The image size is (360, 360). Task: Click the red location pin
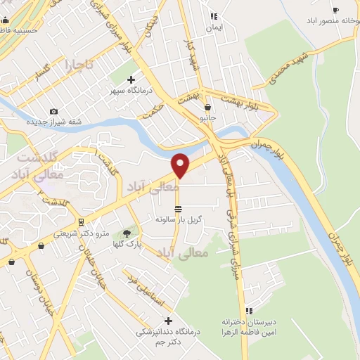tap(181, 165)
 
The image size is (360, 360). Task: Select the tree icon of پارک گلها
tap(127, 233)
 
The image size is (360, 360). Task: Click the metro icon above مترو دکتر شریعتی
tap(82, 223)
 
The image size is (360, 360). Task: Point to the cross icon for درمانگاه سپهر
tap(131, 80)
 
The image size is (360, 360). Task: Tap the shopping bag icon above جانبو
tap(207, 108)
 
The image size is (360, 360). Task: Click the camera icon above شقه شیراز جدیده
tap(54, 111)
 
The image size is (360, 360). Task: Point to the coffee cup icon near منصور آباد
tap(335, 10)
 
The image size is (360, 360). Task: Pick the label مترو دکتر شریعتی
tap(83, 233)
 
